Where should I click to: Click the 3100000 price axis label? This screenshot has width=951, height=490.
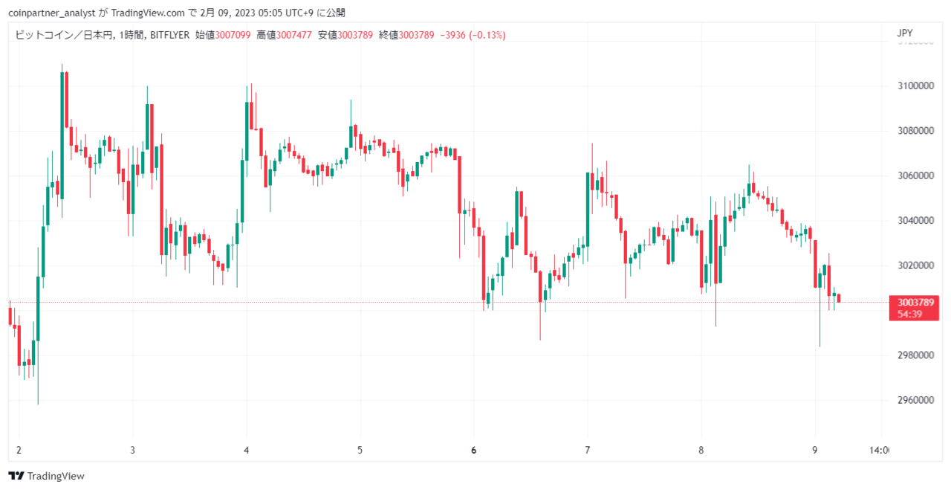click(x=915, y=86)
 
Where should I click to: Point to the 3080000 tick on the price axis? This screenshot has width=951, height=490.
click(x=915, y=131)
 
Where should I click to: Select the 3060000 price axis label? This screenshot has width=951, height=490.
click(x=915, y=175)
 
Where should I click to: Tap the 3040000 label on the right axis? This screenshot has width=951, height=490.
click(x=915, y=221)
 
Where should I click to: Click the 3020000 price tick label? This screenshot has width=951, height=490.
click(x=915, y=265)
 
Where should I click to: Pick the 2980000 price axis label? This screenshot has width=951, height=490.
click(x=915, y=355)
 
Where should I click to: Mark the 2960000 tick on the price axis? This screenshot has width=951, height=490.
click(x=915, y=400)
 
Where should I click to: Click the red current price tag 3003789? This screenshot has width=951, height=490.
click(x=915, y=303)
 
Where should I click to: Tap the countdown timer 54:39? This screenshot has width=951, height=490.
click(x=909, y=315)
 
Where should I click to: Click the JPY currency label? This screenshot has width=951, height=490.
click(x=905, y=33)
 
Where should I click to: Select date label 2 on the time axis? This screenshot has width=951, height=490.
click(x=19, y=451)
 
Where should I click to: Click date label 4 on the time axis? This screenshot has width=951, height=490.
click(x=246, y=451)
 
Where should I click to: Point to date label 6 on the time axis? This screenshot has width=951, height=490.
click(x=474, y=451)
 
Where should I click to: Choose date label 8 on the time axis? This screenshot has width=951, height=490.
click(x=701, y=451)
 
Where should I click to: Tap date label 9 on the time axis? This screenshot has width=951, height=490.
click(x=815, y=451)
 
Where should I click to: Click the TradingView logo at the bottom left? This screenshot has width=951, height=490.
click(x=46, y=476)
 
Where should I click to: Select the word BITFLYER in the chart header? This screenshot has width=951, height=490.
click(x=169, y=35)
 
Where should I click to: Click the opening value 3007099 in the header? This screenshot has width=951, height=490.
click(x=233, y=35)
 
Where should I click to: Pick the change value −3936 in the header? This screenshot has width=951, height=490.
click(x=452, y=35)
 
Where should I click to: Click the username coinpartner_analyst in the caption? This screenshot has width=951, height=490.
click(x=52, y=13)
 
